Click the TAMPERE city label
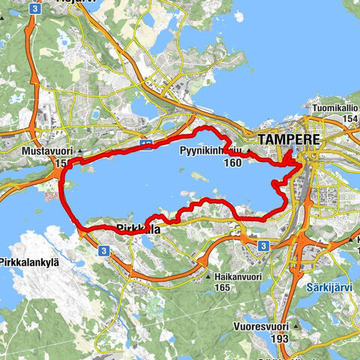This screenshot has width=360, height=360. pyautogui.click(x=289, y=139)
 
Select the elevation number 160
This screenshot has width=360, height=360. pyautogui.click(x=232, y=163)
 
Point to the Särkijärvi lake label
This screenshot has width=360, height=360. pyautogui.click(x=328, y=288)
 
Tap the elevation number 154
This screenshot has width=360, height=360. pyautogui.click(x=349, y=119)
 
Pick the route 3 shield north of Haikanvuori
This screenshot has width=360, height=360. pyautogui.click(x=262, y=244)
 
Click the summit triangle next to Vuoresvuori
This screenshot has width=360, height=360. pyautogui.click(x=299, y=326)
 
